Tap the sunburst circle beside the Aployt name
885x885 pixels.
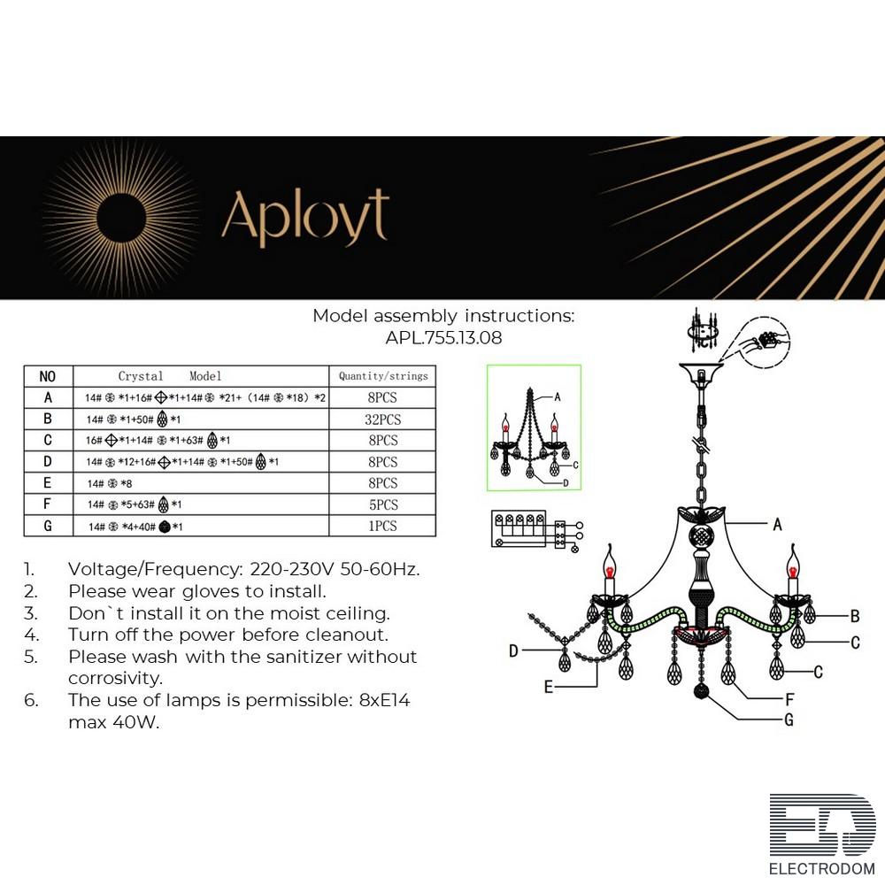pos(124,216)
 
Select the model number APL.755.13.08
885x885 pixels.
pos(443,337)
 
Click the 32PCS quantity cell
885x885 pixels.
pos(382,419)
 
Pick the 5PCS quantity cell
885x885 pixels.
pos(382,504)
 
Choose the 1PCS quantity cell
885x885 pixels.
pos(382,526)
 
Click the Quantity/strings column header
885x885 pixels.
pos(382,376)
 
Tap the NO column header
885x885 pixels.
pos(48,376)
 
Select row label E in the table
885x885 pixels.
pos(48,483)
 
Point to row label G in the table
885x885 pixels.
pos(48,526)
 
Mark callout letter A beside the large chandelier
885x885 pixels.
pos(777,525)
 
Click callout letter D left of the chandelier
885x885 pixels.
pos(513,651)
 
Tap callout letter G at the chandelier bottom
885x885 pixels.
pos(788,720)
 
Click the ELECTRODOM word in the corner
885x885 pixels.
pos(821,869)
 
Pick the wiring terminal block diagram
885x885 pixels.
pos(527,530)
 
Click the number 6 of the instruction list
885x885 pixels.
pos(31,700)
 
